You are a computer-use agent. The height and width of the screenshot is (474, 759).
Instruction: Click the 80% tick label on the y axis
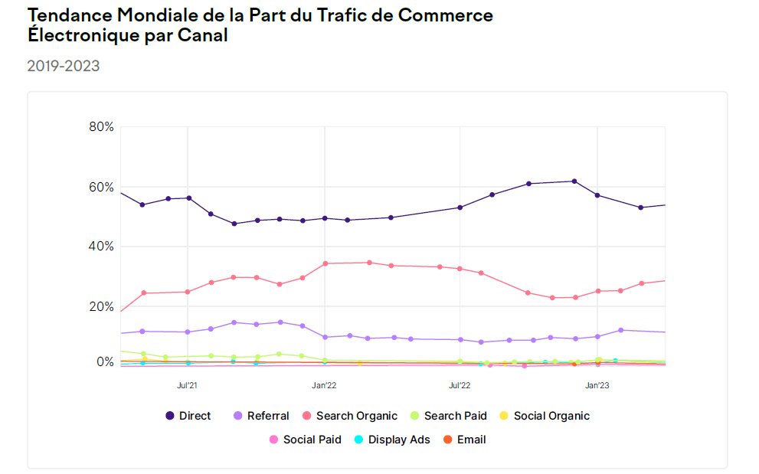click(x=101, y=127)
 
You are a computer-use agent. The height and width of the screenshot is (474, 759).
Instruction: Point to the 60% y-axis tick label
click(x=101, y=188)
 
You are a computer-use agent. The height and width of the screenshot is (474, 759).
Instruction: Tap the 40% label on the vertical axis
click(x=101, y=247)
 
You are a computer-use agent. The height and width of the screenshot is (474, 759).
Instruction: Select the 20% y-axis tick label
click(x=101, y=306)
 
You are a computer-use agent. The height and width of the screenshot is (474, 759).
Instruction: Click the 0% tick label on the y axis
click(x=104, y=362)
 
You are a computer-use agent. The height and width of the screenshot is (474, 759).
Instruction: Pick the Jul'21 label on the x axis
click(x=188, y=386)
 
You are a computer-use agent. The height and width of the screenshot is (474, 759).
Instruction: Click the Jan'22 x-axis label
click(x=325, y=386)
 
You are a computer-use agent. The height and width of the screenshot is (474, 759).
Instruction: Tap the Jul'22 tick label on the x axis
click(x=460, y=386)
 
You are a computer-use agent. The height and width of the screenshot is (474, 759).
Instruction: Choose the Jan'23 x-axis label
click(x=597, y=386)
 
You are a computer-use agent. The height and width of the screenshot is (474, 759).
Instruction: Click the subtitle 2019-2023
click(x=64, y=67)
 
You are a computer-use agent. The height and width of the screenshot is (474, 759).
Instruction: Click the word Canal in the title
click(x=204, y=35)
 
